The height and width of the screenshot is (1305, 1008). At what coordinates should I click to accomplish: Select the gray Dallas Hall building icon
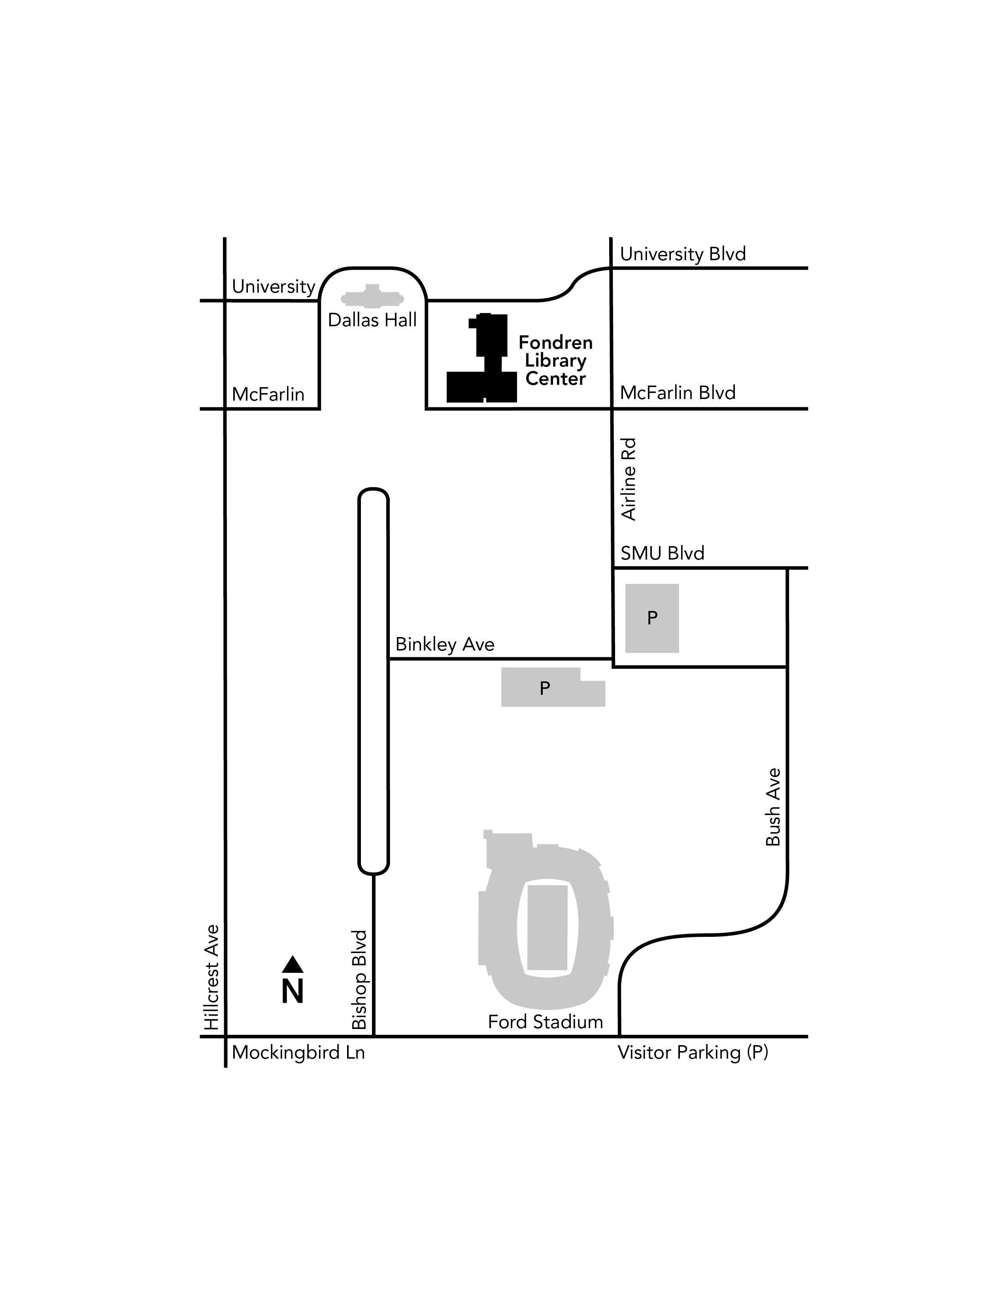(x=372, y=297)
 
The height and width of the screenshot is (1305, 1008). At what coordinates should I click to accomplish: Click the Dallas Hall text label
(x=372, y=320)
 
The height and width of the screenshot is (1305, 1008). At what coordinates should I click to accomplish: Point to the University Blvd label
(x=683, y=254)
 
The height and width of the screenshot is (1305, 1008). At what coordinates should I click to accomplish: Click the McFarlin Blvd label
(x=677, y=393)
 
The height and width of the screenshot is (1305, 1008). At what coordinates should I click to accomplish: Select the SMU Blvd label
(x=662, y=553)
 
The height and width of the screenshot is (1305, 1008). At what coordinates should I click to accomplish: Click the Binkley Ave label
(x=444, y=644)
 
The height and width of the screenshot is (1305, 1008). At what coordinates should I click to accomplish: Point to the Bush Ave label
(x=773, y=807)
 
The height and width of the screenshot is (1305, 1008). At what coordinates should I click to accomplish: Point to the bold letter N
(x=293, y=992)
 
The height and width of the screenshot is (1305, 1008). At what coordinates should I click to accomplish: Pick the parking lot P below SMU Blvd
(x=651, y=618)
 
